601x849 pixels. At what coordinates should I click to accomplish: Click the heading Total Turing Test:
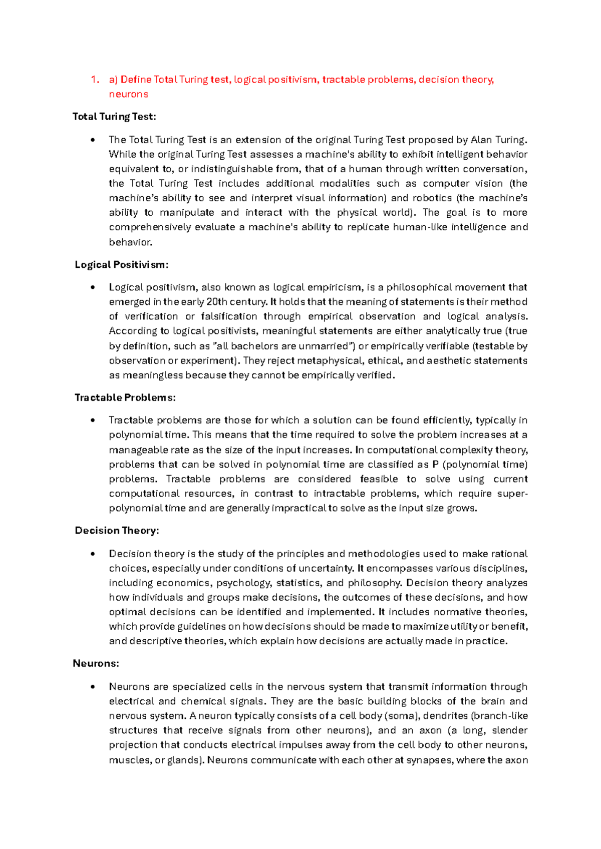click(x=114, y=117)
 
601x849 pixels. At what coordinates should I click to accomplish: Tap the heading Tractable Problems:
click(x=125, y=397)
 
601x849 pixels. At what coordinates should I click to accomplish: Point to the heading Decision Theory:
click(x=117, y=531)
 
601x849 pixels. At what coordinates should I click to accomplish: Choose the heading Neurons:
click(x=96, y=664)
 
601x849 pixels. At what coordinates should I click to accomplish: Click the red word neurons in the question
click(x=128, y=94)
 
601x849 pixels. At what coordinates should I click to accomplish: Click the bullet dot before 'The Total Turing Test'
click(x=93, y=140)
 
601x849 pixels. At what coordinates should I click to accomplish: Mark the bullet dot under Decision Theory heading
click(x=93, y=554)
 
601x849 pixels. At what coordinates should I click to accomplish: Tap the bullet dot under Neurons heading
click(x=93, y=687)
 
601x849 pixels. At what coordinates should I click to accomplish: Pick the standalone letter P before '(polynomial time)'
click(x=435, y=465)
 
